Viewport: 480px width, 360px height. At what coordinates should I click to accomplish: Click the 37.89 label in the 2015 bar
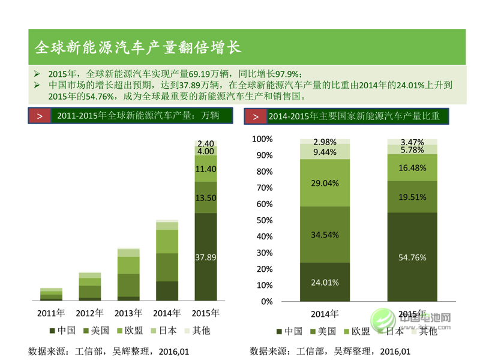206,257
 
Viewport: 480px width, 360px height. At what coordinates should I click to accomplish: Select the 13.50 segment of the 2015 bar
206,198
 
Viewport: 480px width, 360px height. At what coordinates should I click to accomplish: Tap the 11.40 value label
206,170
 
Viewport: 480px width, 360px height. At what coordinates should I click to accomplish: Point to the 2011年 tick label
50,313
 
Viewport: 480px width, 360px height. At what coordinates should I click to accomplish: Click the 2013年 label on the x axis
128,313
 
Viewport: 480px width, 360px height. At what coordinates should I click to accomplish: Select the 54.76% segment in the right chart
412,257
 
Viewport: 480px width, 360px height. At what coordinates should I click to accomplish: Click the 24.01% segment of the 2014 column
325,282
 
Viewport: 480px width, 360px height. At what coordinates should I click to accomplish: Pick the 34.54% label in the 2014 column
325,235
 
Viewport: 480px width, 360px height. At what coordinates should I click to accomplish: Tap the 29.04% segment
325,183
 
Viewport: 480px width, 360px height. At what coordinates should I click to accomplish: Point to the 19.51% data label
412,196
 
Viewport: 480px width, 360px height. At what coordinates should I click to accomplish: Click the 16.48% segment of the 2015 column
412,167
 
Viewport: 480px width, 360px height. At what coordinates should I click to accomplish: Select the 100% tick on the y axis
262,139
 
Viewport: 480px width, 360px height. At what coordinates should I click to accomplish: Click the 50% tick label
264,220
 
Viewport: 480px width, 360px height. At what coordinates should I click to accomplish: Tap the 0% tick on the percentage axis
267,301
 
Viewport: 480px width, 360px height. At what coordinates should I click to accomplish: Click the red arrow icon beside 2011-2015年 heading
40,116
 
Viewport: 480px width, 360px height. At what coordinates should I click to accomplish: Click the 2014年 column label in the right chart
325,314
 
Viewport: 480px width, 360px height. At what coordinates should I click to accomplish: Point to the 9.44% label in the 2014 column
325,152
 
